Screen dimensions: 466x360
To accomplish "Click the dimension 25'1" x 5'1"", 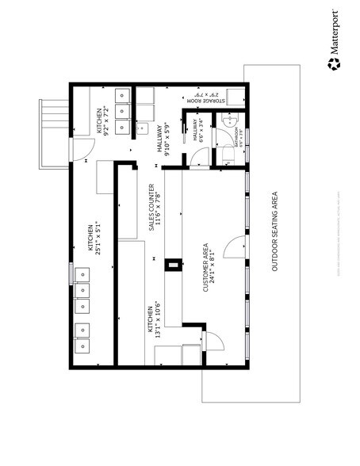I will (x=98, y=238).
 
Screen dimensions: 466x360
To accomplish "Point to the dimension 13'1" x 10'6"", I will (x=159, y=323).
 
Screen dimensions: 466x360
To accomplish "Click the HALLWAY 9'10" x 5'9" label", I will (x=163, y=141).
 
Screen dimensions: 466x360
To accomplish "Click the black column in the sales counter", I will (x=168, y=266).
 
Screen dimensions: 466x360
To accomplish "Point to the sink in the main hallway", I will (x=143, y=128).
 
